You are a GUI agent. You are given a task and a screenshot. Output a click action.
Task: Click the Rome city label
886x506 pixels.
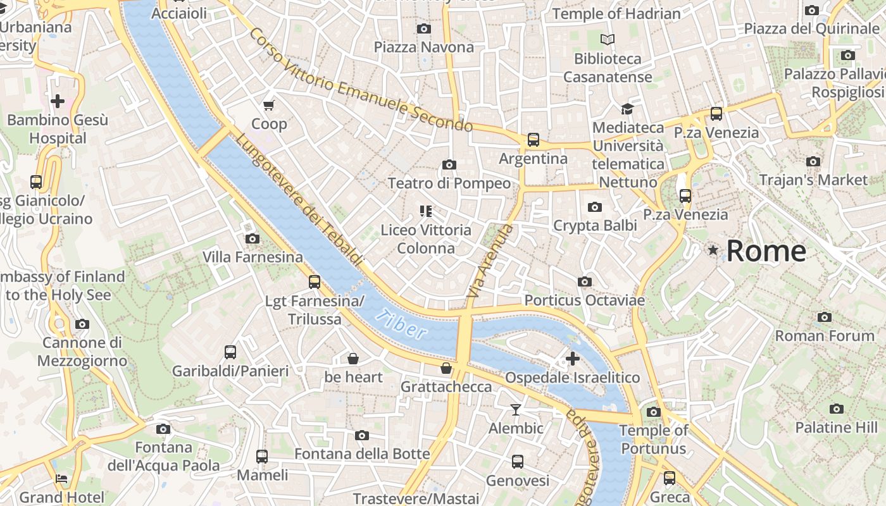766,251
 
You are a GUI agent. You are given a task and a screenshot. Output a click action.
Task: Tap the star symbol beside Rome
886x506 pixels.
713,250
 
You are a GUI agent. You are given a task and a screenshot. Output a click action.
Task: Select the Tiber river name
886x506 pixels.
399,323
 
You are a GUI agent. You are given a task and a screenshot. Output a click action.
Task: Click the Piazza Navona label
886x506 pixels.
423,47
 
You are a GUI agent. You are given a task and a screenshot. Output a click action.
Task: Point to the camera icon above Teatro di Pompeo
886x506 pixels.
449,165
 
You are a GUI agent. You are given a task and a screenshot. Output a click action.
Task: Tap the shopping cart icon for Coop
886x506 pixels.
269,105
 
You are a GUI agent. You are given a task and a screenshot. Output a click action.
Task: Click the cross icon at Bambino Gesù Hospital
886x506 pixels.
58,101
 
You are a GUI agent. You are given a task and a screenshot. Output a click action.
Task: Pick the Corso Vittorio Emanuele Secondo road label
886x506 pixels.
360,80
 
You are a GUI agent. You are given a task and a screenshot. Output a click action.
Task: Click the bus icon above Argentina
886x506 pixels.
533,140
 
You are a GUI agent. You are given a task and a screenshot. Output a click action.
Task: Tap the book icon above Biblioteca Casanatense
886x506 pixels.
608,40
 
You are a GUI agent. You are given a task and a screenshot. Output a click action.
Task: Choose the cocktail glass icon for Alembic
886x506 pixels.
516,410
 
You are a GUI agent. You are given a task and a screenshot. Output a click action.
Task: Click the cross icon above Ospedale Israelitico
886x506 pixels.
573,359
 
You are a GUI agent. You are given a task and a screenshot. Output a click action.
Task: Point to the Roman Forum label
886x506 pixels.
824,336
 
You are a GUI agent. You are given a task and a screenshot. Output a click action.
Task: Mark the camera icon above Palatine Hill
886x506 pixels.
837,409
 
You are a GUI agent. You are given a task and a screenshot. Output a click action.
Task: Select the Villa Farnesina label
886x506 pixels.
253,257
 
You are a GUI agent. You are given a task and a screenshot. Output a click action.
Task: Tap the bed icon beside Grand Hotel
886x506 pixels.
61,479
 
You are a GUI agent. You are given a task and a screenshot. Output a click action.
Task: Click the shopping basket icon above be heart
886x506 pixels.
353,359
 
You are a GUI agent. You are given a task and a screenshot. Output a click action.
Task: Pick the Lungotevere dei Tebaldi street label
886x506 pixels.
299,200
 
